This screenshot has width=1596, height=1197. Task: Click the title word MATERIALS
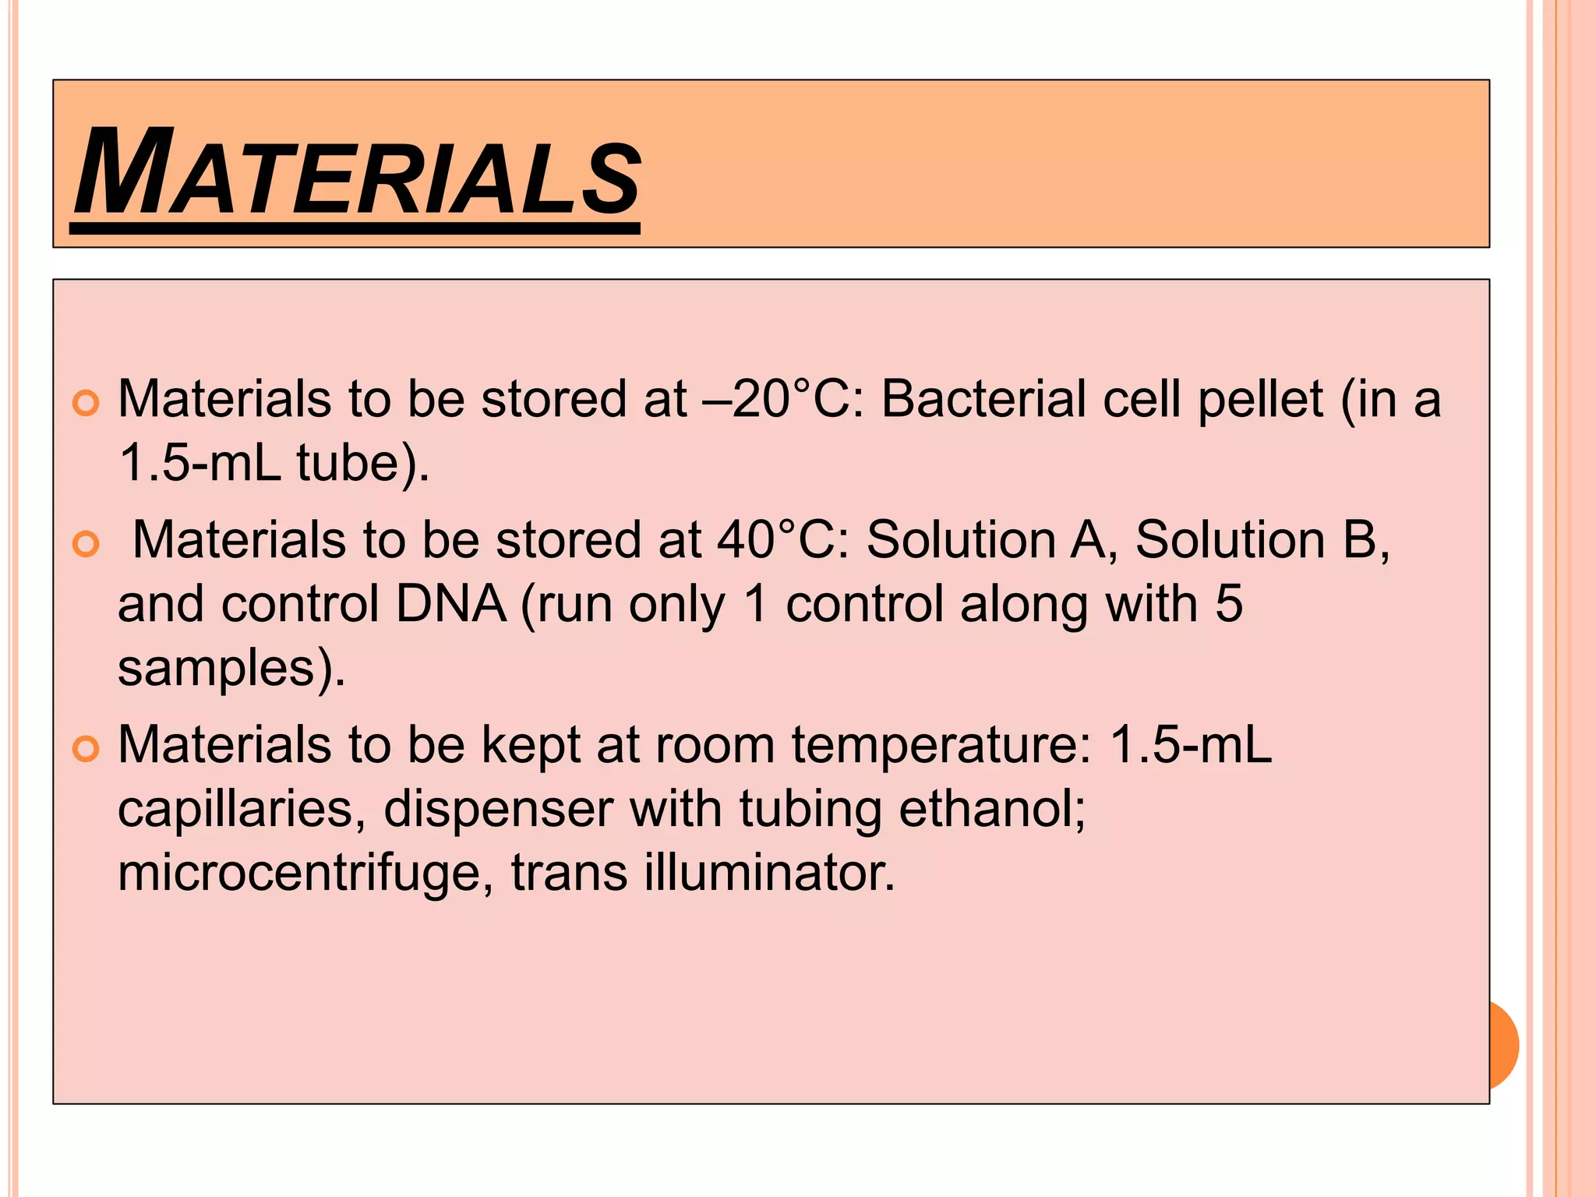tap(358, 173)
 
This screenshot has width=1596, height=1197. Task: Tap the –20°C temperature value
tap(784, 400)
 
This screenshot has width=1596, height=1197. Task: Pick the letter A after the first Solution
tap(1088, 540)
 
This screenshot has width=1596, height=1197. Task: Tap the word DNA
tap(451, 604)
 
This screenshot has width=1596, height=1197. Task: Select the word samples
tap(215, 669)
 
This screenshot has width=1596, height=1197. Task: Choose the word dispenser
tap(498, 809)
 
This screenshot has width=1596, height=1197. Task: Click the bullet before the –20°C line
tap(86, 403)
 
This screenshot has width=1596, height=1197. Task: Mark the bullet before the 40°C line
tap(86, 544)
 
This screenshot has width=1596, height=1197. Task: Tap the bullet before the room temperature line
tap(86, 750)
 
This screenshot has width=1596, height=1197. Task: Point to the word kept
tap(531, 746)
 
